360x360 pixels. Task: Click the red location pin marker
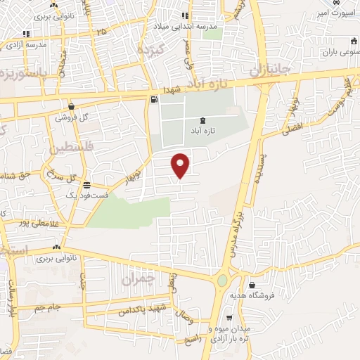[181, 165]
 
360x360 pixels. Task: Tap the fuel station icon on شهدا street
[153, 100]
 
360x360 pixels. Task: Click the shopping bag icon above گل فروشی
[72, 106]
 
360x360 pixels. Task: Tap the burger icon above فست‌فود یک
[86, 186]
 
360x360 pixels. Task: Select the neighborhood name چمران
[136, 279]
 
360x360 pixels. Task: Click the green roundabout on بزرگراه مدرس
[222, 281]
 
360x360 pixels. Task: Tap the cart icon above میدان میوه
[230, 317]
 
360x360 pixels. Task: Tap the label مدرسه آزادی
[27, 44]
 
